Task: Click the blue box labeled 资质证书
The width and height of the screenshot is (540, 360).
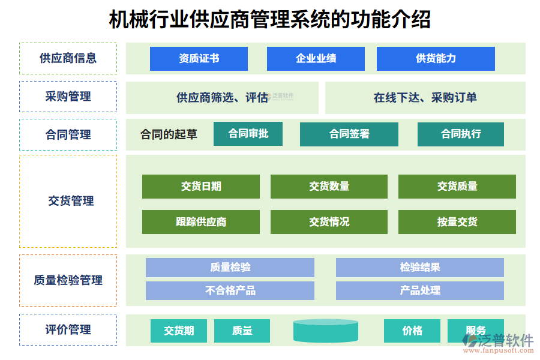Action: pos(199,59)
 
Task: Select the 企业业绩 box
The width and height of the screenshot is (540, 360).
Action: pos(316,59)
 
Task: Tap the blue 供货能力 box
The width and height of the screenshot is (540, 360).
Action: pos(436,59)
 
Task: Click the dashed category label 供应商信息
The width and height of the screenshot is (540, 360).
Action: pos(68,58)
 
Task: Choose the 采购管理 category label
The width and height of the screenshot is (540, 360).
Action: pos(68,96)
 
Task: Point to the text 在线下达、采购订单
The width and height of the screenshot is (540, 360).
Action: pos(425,98)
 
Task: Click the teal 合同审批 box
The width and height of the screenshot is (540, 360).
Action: pos(248,134)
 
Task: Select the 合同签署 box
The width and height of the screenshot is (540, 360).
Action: pos(349,134)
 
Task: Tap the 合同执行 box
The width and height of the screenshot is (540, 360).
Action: pos(460,134)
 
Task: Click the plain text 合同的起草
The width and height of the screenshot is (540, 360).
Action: pos(169,134)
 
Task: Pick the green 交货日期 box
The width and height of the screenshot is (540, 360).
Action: pos(201,187)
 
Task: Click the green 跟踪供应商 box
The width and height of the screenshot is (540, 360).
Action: pos(201,222)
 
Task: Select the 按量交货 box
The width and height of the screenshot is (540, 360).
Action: pos(457,222)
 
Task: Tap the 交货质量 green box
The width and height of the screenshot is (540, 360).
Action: pos(457,187)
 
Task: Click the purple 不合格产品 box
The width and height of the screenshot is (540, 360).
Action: pos(230,291)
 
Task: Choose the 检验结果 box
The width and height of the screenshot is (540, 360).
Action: pos(419,268)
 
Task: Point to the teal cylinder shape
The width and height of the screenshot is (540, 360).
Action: pos(326,331)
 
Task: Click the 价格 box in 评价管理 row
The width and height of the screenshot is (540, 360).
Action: pos(412,331)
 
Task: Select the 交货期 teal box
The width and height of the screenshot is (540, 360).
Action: pos(179,331)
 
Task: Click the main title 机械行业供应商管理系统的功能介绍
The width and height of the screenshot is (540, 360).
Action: pos(269,20)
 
